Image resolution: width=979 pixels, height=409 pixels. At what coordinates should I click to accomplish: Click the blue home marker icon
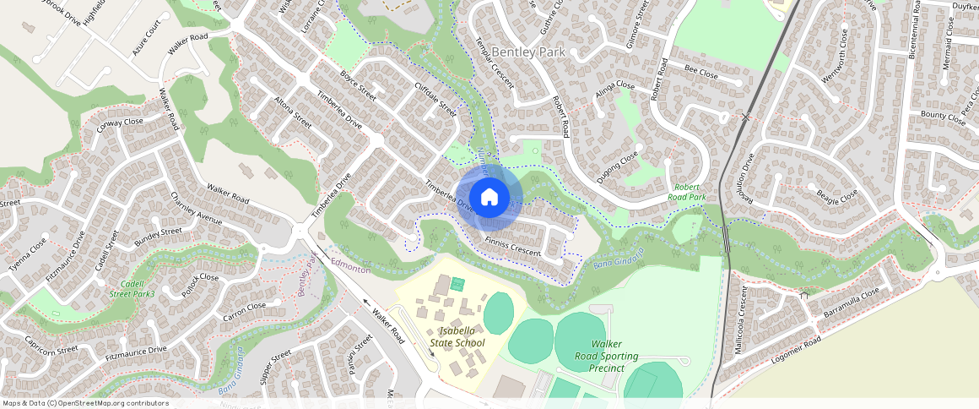489,198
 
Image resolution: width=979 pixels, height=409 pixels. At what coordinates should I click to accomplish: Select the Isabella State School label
457,336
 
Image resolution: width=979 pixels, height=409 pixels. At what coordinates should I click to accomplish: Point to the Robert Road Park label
687,192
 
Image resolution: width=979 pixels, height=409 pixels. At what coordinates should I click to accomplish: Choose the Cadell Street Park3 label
133,288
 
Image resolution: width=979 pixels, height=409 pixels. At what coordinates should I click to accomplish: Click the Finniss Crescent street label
513,247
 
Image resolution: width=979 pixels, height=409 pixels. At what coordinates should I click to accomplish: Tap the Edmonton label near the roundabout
350,266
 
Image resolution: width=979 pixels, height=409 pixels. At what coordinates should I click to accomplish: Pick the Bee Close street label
700,74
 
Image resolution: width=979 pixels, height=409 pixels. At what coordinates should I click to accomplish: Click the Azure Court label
146,40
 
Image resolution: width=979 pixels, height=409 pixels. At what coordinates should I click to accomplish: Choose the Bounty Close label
944,116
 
